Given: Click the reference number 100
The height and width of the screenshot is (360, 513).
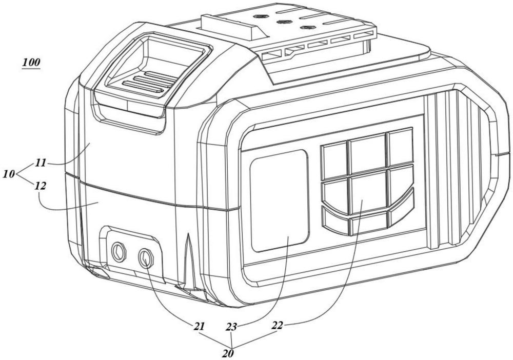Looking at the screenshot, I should (31, 64).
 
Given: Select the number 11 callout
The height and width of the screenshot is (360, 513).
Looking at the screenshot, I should (41, 163).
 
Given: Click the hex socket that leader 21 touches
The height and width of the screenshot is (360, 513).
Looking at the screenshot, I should (146, 257).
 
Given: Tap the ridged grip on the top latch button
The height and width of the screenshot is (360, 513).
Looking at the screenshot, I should (145, 82).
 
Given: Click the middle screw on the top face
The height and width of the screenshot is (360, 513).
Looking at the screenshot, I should (282, 22).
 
